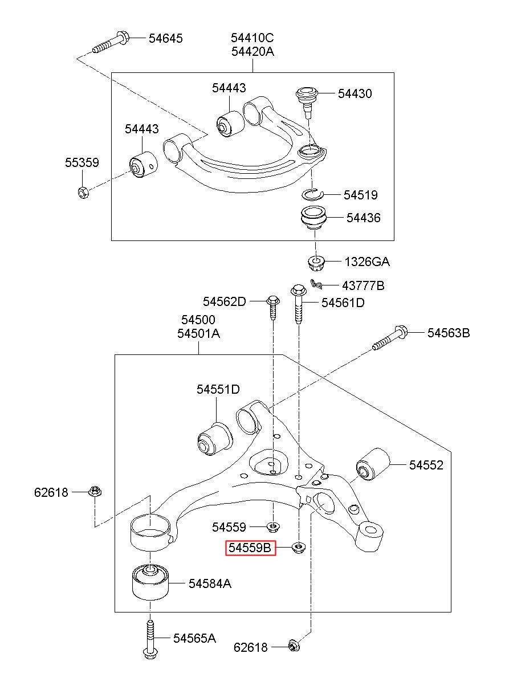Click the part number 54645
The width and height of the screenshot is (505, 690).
tap(166, 39)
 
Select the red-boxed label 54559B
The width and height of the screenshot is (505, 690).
tap(250, 548)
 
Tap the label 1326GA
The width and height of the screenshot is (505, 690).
tap(367, 262)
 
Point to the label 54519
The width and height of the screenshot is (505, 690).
tap(360, 195)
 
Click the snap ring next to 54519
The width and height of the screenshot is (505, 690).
tap(312, 194)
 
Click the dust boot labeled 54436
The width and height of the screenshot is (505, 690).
tap(313, 218)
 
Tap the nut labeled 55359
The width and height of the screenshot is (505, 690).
tap(83, 193)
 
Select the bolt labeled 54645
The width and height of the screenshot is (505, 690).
tap(111, 43)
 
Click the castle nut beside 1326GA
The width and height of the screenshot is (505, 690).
tap(316, 263)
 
